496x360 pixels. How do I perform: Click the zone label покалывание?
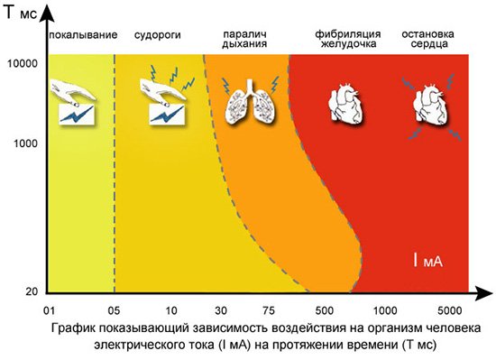click(x=84, y=34)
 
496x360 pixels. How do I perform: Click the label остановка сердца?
click(x=427, y=40)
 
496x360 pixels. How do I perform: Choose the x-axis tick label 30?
click(x=220, y=309)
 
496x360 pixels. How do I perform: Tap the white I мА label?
click(x=428, y=263)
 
